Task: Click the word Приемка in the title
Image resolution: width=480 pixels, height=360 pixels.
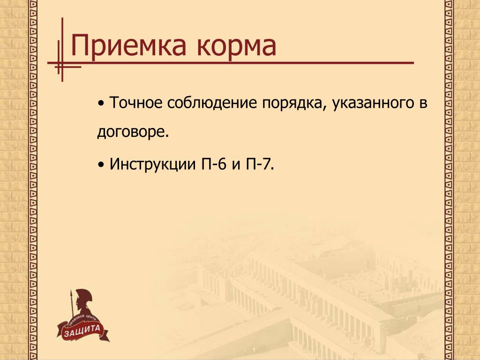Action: (x=128, y=45)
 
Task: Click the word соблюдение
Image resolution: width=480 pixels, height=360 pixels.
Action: (x=212, y=103)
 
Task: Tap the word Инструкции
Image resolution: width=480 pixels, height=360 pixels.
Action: (x=152, y=165)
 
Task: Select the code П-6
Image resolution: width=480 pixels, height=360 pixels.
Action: (x=214, y=164)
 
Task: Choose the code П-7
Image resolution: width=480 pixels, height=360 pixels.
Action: (x=258, y=164)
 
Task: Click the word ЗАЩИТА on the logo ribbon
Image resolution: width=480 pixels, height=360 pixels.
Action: (x=82, y=330)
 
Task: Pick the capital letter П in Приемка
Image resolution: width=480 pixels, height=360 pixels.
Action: (x=79, y=45)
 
